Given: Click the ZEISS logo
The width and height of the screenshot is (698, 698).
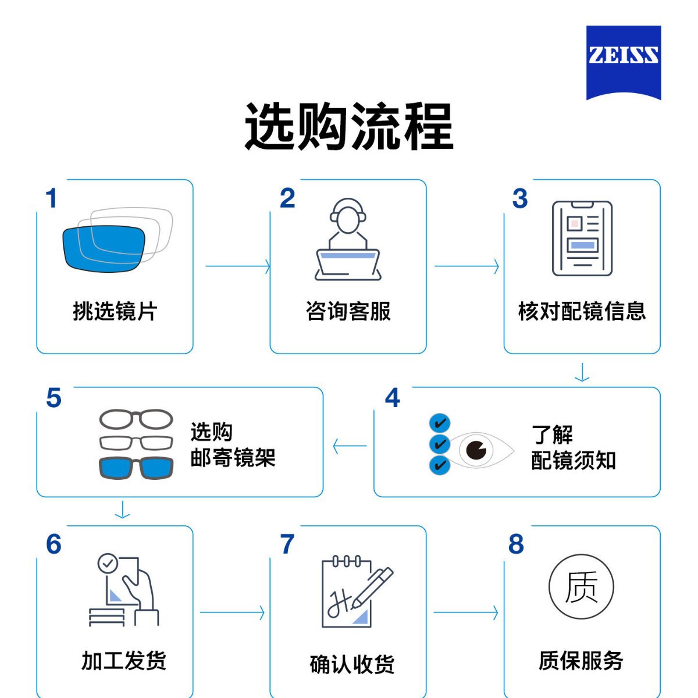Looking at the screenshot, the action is click(x=624, y=62).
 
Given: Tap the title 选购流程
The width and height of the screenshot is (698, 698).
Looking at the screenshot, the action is click(x=349, y=126).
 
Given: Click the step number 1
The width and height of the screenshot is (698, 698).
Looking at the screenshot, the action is click(x=51, y=198).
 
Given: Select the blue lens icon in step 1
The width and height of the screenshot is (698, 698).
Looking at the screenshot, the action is click(x=104, y=248).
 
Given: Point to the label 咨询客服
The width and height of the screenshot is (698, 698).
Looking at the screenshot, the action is click(x=348, y=311).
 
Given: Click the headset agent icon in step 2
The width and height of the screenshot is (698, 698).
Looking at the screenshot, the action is click(x=348, y=239).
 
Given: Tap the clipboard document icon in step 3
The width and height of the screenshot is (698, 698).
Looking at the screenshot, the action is click(x=582, y=238).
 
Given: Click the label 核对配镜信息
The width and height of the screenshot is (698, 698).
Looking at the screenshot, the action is click(x=582, y=311).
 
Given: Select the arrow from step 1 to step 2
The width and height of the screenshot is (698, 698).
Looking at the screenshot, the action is click(x=238, y=266).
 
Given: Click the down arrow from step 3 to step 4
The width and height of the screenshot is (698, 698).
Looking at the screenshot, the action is click(x=582, y=372).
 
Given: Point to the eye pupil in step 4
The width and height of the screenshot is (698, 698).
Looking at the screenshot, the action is click(x=476, y=450).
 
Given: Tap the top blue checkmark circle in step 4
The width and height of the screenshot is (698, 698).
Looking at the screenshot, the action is click(x=440, y=423).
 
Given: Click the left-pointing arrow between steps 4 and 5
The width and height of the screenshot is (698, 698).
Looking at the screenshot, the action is click(x=350, y=446).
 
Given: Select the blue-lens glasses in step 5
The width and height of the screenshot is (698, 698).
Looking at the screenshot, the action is click(x=136, y=468).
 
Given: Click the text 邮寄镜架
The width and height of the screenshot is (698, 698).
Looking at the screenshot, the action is click(x=233, y=457).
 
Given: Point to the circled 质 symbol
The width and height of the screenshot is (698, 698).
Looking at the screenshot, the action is click(x=581, y=587).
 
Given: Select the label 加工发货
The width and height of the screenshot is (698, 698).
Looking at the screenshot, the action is click(x=123, y=660).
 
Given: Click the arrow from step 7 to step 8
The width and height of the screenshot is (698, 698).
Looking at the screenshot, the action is click(x=466, y=612).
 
